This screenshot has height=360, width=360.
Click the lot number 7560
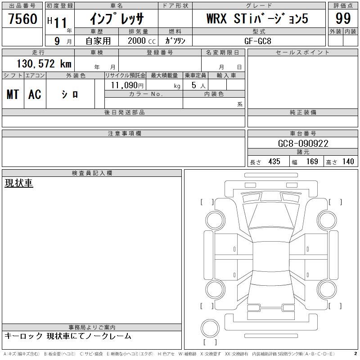tap(23, 18)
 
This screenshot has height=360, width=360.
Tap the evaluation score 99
tap(343, 18)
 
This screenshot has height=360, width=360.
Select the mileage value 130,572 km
tap(44, 63)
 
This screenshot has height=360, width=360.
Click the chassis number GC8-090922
tap(303, 144)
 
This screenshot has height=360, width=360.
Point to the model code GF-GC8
tap(257, 41)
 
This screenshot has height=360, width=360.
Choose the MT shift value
tap(13, 94)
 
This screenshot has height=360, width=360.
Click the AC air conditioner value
tap(35, 94)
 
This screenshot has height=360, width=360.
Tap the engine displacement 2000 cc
tap(142, 41)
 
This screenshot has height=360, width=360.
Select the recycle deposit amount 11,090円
tap(127, 85)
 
